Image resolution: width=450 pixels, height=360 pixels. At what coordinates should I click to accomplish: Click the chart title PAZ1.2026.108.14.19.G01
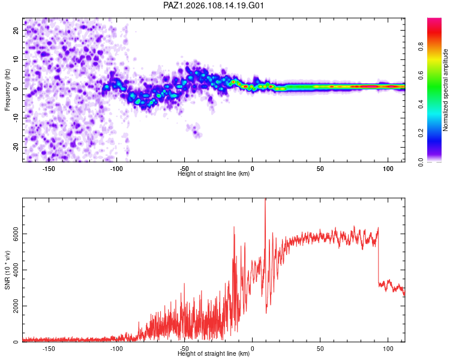click(213, 5)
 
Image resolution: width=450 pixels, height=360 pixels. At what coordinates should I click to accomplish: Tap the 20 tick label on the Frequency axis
click(16, 30)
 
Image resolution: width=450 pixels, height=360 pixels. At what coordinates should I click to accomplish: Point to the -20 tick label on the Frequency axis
click(16, 147)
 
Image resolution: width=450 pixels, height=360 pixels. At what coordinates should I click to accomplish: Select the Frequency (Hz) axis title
click(7, 89)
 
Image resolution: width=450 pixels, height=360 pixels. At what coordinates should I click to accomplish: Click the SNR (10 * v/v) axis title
click(7, 270)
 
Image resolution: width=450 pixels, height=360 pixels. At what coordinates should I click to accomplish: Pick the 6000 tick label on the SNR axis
click(16, 233)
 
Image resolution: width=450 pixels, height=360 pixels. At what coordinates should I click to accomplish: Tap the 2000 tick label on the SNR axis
click(16, 306)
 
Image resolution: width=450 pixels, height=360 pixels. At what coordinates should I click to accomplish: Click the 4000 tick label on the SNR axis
click(16, 270)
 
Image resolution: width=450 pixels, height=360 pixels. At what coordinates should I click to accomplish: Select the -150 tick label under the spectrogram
click(49, 169)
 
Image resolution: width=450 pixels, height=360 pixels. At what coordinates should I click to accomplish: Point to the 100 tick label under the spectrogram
click(388, 169)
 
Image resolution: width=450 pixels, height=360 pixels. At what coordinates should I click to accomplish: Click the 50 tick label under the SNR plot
click(320, 349)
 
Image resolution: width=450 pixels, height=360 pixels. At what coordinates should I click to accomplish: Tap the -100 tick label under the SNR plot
click(116, 349)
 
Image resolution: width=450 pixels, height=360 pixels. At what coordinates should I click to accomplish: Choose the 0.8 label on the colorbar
click(421, 46)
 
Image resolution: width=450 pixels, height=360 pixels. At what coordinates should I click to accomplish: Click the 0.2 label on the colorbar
click(421, 133)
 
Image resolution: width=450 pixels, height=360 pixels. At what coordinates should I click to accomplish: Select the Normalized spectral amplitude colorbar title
click(445, 90)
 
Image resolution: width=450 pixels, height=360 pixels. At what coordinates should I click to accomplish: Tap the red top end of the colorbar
click(434, 20)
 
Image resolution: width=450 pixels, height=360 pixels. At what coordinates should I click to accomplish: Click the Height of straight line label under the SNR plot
click(214, 353)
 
